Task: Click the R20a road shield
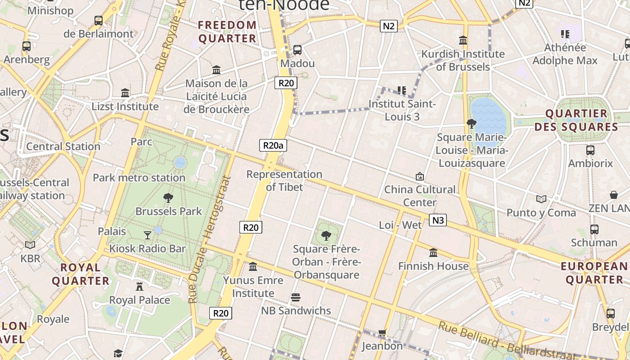(274, 145)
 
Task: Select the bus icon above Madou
(297, 49)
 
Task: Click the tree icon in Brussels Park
(168, 198)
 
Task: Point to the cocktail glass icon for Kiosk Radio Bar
(148, 235)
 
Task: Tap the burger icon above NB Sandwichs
(296, 297)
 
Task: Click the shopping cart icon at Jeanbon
(382, 333)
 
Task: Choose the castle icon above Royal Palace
(139, 287)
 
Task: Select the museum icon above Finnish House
(433, 253)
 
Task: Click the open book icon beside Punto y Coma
(541, 199)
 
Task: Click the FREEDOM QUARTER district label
(227, 31)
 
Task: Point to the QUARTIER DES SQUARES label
(576, 120)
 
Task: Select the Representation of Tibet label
(284, 180)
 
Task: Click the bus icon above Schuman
(594, 229)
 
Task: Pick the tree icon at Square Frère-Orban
(326, 235)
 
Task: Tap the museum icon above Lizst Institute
(125, 93)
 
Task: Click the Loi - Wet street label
(400, 225)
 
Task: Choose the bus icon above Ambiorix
(590, 150)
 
